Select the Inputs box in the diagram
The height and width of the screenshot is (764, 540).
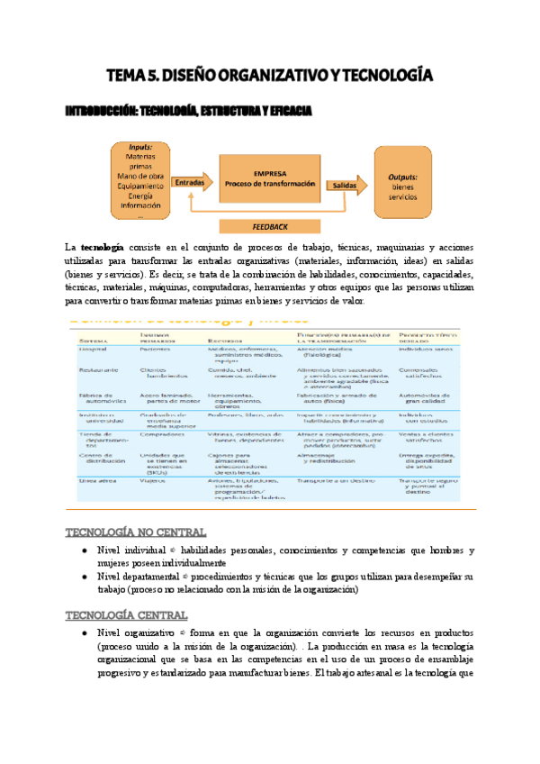point(139,181)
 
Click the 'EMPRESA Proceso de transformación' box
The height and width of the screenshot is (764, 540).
point(271,177)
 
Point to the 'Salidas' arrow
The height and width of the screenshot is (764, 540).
point(346,183)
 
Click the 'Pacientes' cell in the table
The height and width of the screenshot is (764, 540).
point(156,350)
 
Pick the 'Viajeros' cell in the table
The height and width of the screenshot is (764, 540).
point(154,481)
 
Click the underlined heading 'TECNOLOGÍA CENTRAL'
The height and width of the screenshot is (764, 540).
point(126,614)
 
